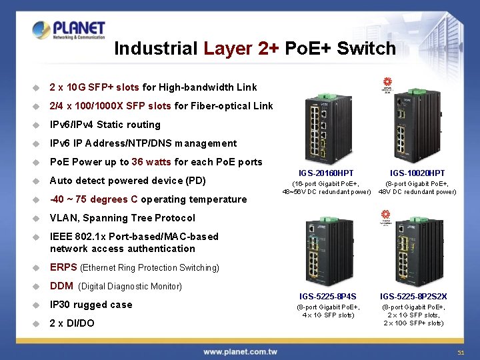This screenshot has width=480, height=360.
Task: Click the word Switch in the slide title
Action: coord(367,49)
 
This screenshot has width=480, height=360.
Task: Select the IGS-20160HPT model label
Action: coord(327,173)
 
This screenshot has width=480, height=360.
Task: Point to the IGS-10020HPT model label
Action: coord(417,173)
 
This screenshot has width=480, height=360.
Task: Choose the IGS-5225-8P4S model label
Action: coord(327,297)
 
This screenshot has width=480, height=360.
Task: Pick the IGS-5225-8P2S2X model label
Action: coord(413,297)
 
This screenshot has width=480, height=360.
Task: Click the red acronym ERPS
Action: coord(63,267)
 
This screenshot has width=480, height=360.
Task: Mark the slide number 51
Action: coord(460,352)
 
